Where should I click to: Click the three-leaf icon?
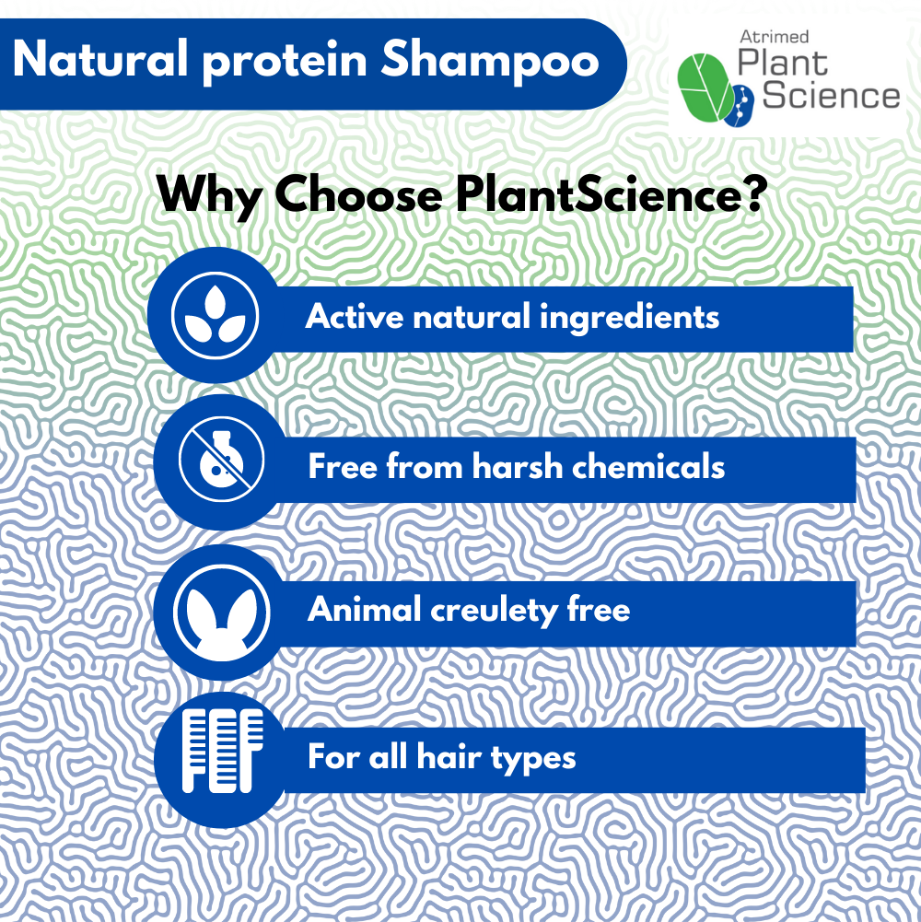pyautogui.click(x=215, y=315)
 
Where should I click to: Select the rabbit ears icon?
pyautogui.click(x=221, y=612)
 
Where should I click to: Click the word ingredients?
pyautogui.click(x=630, y=318)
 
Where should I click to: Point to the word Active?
pyautogui.click(x=355, y=317)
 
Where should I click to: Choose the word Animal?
pyautogui.click(x=361, y=610)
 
